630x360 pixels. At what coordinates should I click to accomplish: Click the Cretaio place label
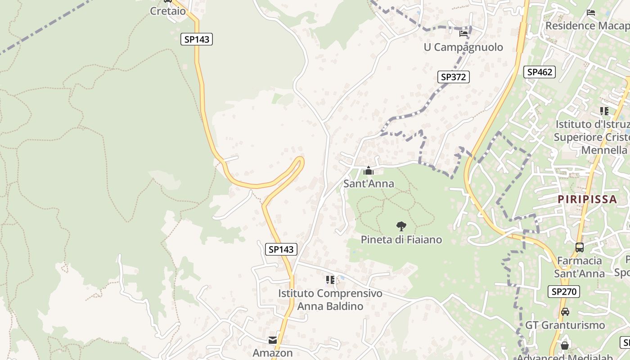pyautogui.click(x=167, y=11)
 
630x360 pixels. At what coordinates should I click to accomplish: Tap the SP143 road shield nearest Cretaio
pyautogui.click(x=197, y=39)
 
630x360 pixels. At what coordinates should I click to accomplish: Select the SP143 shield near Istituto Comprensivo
pyautogui.click(x=281, y=249)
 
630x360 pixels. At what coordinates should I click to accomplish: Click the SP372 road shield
pyautogui.click(x=453, y=77)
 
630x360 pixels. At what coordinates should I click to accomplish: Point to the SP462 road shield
pyautogui.click(x=539, y=72)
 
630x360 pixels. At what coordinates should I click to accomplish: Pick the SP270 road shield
pyautogui.click(x=563, y=292)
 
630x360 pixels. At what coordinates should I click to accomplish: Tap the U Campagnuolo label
pyautogui.click(x=463, y=47)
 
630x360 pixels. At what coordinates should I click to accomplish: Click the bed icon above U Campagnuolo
pyautogui.click(x=463, y=33)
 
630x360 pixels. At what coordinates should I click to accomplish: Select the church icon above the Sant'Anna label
pyautogui.click(x=369, y=171)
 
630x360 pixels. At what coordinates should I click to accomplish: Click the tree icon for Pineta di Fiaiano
pyautogui.click(x=401, y=226)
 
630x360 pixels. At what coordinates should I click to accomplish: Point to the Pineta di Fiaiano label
pyautogui.click(x=401, y=240)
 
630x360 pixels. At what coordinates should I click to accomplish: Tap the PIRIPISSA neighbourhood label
pyautogui.click(x=587, y=199)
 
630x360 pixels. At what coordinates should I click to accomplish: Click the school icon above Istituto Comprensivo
pyautogui.click(x=330, y=280)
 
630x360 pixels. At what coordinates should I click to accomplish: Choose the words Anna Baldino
pyautogui.click(x=330, y=306)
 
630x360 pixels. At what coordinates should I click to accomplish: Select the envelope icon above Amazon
pyautogui.click(x=273, y=340)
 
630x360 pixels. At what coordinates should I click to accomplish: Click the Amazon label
pyautogui.click(x=273, y=353)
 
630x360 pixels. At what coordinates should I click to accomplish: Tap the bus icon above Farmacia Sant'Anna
pyautogui.click(x=580, y=247)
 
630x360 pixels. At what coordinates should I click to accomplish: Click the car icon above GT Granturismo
pyautogui.click(x=565, y=311)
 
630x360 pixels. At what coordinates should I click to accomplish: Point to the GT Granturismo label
pyautogui.click(x=565, y=325)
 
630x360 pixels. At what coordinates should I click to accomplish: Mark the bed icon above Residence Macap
pyautogui.click(x=591, y=13)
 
